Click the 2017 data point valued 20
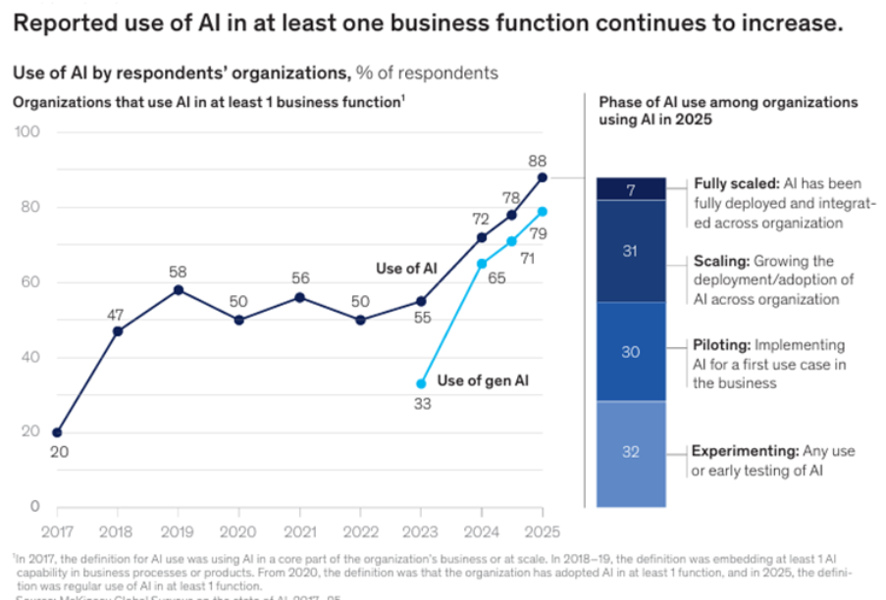point(57,432)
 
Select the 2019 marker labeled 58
point(179,290)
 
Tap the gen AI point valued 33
point(421,383)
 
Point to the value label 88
point(537,160)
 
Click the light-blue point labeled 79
point(543,211)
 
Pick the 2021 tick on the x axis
point(300,531)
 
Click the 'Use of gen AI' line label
point(482,380)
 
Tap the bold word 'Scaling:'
point(721,262)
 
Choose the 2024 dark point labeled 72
point(482,237)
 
